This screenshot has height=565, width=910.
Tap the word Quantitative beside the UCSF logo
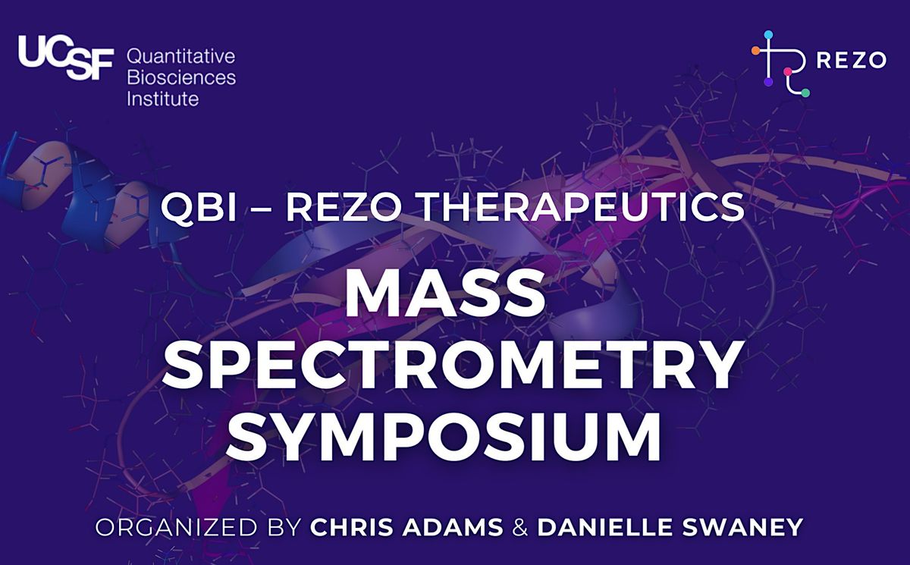(x=181, y=57)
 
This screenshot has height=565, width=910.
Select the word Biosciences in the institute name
(x=181, y=77)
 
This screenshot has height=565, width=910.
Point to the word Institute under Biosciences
(x=162, y=99)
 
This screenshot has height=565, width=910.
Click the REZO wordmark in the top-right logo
(x=851, y=61)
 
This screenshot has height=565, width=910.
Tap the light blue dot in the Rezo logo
(x=768, y=35)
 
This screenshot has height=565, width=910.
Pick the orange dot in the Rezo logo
(x=755, y=51)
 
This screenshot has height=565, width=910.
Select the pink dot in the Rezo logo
(x=788, y=72)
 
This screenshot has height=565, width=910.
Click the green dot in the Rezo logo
(x=805, y=93)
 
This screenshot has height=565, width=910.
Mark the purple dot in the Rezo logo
(x=768, y=82)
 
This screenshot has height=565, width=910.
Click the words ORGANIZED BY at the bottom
(x=198, y=528)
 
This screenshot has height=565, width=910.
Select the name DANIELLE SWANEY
(x=670, y=528)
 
